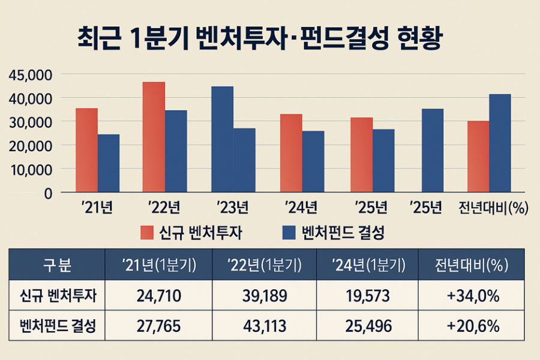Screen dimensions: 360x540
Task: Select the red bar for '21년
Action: coord(87,150)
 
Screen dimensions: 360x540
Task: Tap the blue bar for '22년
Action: coord(176,151)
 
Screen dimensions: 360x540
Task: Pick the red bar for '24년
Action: coord(291,153)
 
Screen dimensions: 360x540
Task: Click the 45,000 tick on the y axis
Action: coord(32,75)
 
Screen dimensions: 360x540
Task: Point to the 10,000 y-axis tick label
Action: coord(32,169)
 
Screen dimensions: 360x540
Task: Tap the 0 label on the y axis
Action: coord(47,193)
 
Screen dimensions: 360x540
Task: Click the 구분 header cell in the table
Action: coord(57,265)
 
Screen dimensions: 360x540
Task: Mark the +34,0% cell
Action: coord(474,296)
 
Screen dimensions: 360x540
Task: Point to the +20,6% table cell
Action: coord(474,327)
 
